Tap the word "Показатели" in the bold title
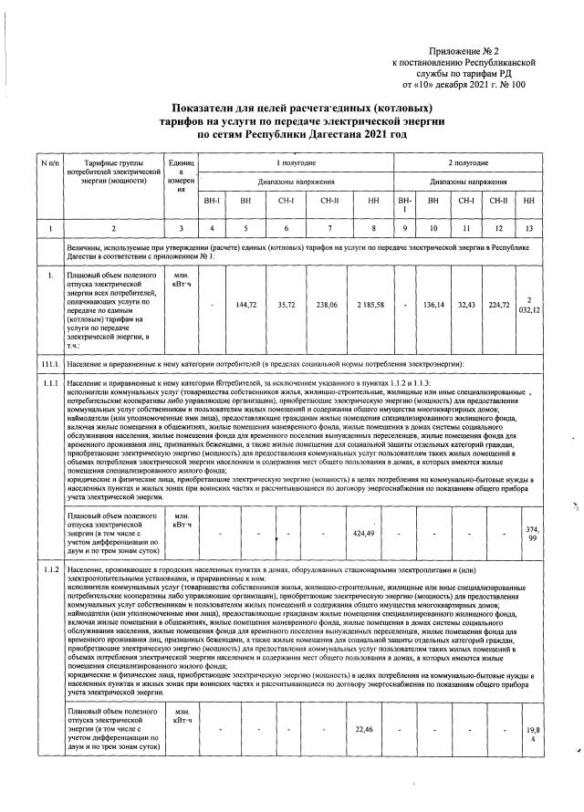[x=212, y=108]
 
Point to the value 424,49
[x=365, y=532]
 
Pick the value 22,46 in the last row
[x=365, y=728]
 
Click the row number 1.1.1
[x=49, y=383]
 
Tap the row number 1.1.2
[x=49, y=570]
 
